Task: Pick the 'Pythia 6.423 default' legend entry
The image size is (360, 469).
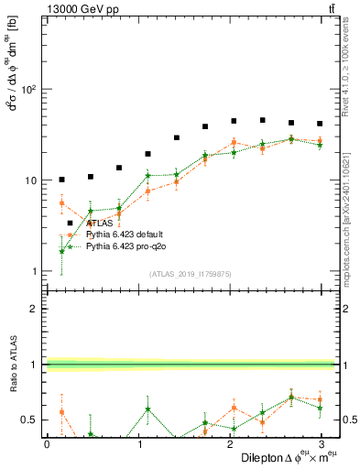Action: tap(125, 234)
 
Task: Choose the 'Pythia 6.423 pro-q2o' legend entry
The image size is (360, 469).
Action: tap(126, 246)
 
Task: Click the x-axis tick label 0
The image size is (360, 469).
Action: tap(47, 444)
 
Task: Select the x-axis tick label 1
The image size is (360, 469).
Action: tap(139, 444)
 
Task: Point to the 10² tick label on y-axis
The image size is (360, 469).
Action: tap(30, 90)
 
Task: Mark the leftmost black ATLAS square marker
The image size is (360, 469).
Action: tap(61, 180)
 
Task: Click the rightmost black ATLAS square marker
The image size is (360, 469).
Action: tap(320, 124)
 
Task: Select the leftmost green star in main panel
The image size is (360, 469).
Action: tap(61, 251)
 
